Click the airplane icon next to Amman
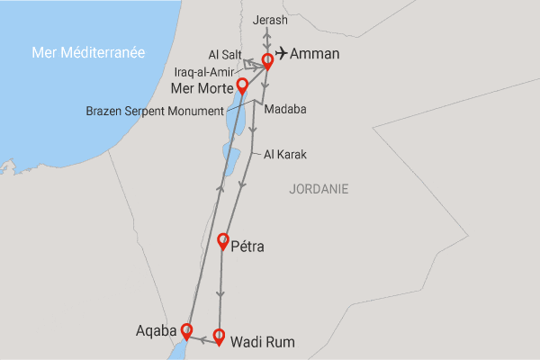[x=280, y=53]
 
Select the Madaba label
[x=285, y=109]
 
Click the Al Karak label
[x=285, y=155]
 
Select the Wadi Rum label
[x=263, y=342]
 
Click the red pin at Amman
[x=267, y=61]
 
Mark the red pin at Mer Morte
[x=241, y=85]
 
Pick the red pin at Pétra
[x=223, y=240]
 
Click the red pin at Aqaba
[x=186, y=329]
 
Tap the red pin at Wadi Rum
[x=219, y=337]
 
